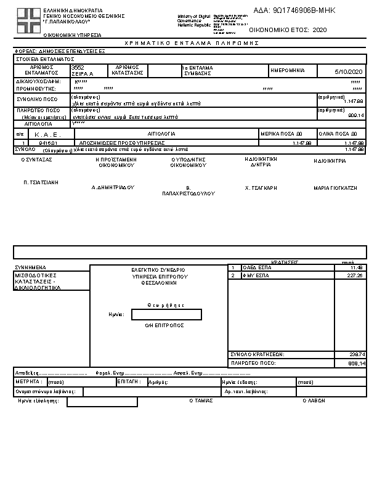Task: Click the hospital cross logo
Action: click(26, 23)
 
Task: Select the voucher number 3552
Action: click(78, 67)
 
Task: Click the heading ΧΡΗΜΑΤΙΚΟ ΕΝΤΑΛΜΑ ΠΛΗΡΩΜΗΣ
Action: click(192, 44)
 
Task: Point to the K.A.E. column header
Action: click(45, 134)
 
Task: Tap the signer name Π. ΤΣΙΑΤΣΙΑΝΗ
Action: click(41, 182)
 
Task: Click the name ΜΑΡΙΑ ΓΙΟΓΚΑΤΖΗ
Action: click(336, 188)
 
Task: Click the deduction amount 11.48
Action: click(357, 267)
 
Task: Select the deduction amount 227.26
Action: click(355, 276)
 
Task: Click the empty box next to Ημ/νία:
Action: click(166, 315)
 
